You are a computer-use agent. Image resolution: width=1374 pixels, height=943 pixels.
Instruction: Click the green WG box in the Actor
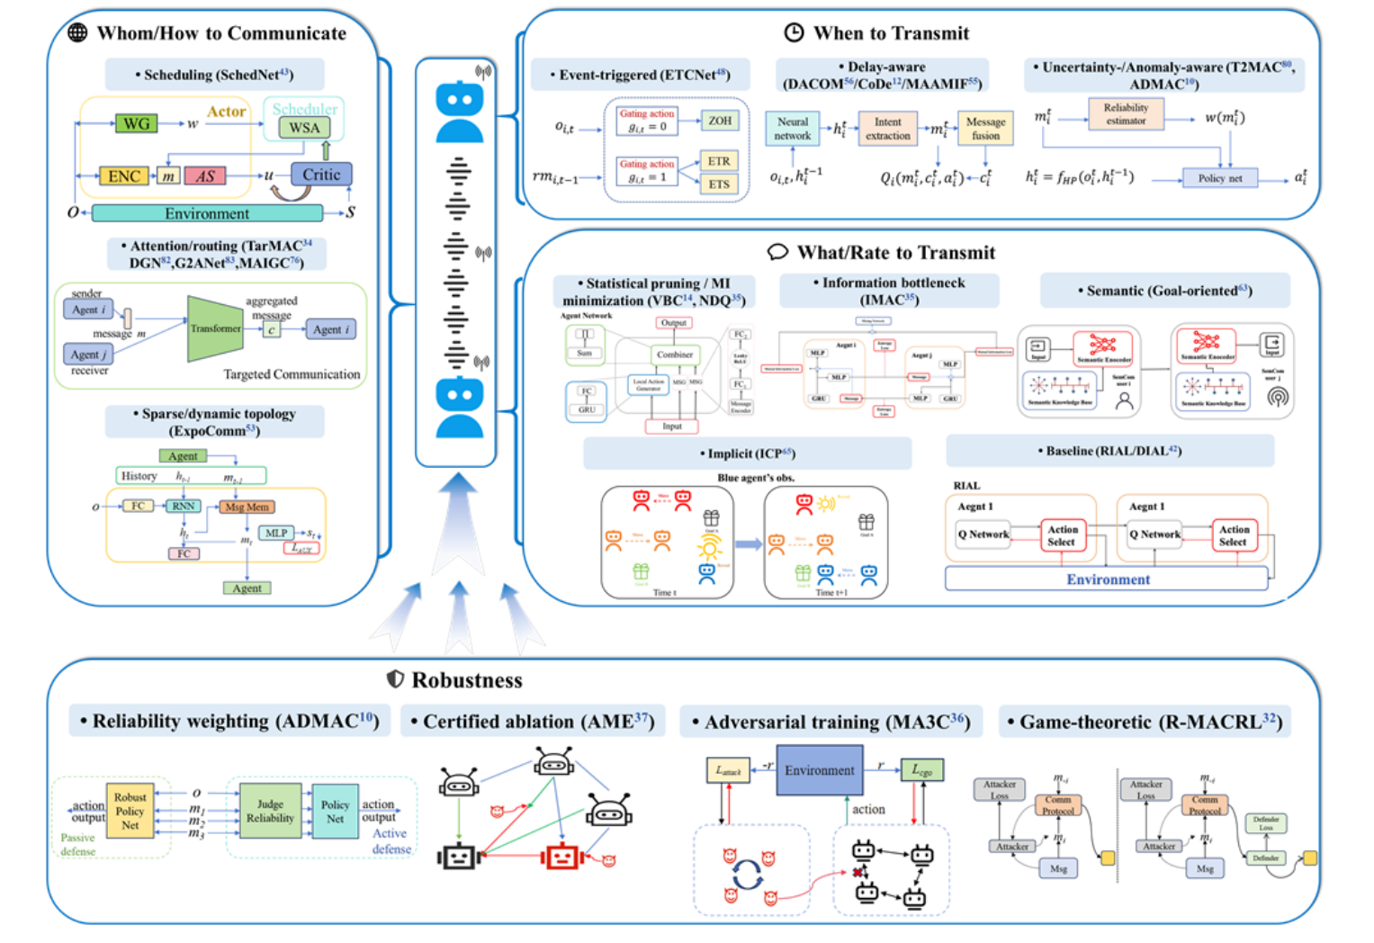pyautogui.click(x=136, y=123)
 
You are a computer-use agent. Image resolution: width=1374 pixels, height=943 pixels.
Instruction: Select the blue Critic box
pyautogui.click(x=321, y=175)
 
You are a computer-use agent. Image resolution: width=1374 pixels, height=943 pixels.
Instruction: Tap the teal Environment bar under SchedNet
pyautogui.click(x=207, y=213)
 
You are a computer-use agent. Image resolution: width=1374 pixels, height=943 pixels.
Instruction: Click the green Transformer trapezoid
pyautogui.click(x=215, y=328)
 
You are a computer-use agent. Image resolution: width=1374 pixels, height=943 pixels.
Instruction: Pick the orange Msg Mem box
pyautogui.click(x=247, y=507)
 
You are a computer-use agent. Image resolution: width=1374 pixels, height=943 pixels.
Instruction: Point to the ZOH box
pyautogui.click(x=719, y=121)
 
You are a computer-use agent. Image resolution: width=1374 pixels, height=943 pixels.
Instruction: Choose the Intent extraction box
pyautogui.click(x=887, y=129)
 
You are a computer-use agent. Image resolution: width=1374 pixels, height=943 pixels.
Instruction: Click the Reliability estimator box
pyautogui.click(x=1126, y=113)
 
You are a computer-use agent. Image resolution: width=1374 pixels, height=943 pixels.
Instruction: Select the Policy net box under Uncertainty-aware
pyautogui.click(x=1219, y=178)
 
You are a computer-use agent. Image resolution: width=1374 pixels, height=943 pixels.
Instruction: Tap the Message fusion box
pyautogui.click(x=985, y=129)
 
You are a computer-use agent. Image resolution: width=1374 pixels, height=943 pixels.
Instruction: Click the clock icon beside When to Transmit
pyautogui.click(x=794, y=33)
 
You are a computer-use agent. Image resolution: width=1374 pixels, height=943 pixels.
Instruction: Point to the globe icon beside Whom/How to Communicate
pyautogui.click(x=78, y=33)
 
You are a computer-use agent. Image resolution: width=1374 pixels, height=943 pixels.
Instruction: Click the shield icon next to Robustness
pyautogui.click(x=395, y=679)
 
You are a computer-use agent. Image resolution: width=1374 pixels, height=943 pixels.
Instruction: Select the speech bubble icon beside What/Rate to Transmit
pyautogui.click(x=777, y=252)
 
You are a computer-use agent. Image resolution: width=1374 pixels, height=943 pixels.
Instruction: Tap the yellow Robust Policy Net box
pyautogui.click(x=130, y=811)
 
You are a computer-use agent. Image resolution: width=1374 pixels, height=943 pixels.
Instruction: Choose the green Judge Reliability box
pyautogui.click(x=270, y=811)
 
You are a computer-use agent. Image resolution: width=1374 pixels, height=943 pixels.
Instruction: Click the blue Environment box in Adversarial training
pyautogui.click(x=819, y=770)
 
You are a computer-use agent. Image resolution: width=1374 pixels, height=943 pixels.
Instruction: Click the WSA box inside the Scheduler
pyautogui.click(x=304, y=128)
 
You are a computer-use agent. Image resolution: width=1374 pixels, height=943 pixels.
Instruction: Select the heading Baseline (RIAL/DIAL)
pyautogui.click(x=1109, y=451)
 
